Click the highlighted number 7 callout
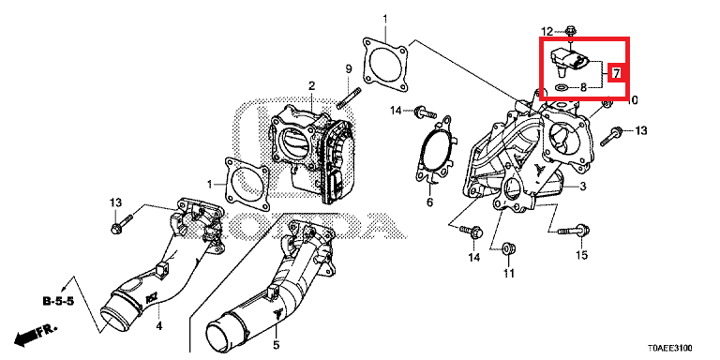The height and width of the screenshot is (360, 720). click(x=616, y=72)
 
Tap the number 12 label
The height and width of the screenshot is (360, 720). click(x=547, y=31)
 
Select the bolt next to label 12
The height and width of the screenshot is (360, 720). click(x=570, y=31)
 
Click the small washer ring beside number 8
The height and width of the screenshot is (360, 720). click(x=561, y=87)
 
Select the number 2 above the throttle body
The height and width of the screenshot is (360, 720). click(x=311, y=86)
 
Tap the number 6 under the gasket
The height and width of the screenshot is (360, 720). click(x=429, y=202)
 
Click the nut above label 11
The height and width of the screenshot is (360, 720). click(x=509, y=248)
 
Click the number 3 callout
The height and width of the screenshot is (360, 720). click(x=582, y=187)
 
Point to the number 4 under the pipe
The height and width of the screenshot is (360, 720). click(x=159, y=326)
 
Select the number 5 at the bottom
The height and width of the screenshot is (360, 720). click(x=276, y=344)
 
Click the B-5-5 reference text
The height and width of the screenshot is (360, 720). click(x=57, y=301)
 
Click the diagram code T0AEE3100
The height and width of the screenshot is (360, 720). click(x=670, y=348)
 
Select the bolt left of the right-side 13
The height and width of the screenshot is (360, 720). click(x=611, y=135)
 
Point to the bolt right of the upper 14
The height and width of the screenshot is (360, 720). click(x=425, y=112)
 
